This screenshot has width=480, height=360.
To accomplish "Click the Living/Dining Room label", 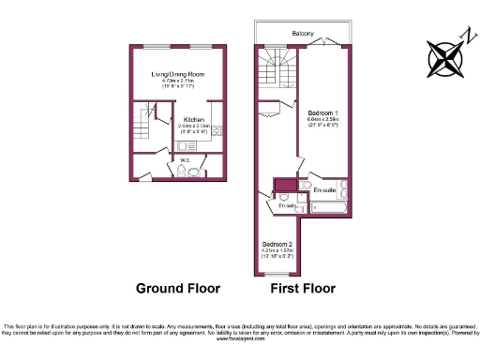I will coord(178,73).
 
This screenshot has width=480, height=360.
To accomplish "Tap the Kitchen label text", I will coord(194,120).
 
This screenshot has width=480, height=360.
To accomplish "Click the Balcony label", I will coord(302,34).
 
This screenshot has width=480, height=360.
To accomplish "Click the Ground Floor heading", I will coord(178,288).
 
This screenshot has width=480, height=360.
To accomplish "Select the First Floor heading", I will coord(302,288).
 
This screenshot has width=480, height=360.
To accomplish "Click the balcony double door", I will coord(323,44).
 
